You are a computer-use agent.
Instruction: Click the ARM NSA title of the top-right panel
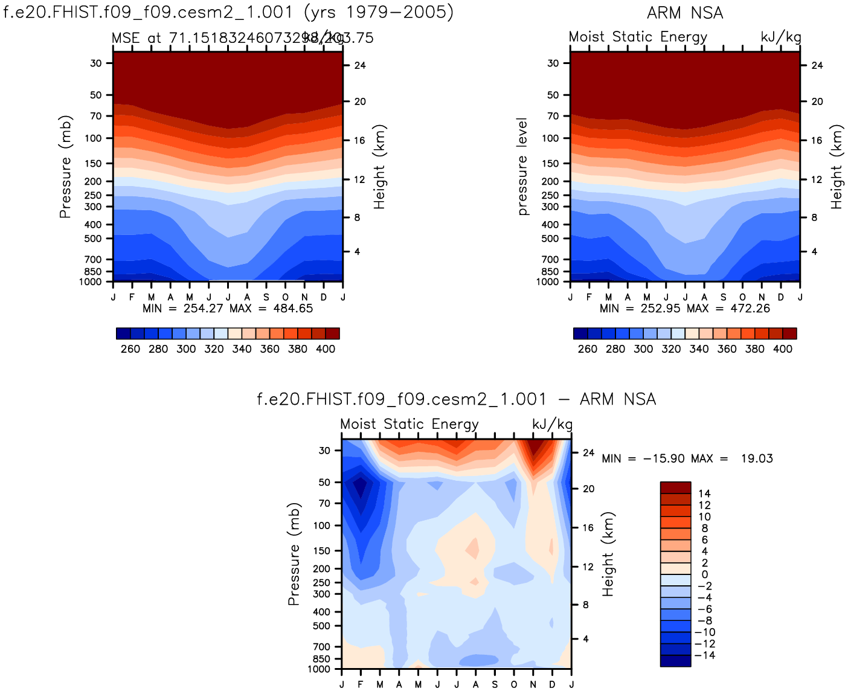click(685, 13)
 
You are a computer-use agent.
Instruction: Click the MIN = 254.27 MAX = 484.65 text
click(228, 308)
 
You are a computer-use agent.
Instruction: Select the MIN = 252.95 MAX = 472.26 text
click(685, 308)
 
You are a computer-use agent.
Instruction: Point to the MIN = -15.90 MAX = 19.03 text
click(687, 458)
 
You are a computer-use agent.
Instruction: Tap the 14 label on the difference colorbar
click(704, 493)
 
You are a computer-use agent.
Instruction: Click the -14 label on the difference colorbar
click(704, 655)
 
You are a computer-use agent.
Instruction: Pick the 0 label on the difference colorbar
click(704, 574)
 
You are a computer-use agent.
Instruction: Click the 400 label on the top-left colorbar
click(326, 349)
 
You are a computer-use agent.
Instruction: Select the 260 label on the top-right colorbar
click(587, 349)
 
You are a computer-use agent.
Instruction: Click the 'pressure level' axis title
click(522, 166)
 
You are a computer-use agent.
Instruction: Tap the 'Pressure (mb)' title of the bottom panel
click(294, 553)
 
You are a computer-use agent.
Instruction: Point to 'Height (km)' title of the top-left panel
click(379, 167)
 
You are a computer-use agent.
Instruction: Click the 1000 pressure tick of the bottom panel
click(319, 669)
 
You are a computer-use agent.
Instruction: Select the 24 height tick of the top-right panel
click(817, 65)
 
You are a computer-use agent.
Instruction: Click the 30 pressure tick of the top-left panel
click(96, 63)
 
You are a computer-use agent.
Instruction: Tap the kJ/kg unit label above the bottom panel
click(552, 424)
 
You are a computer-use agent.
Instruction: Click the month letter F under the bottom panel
click(361, 684)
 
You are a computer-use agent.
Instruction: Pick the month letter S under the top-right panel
click(724, 297)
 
